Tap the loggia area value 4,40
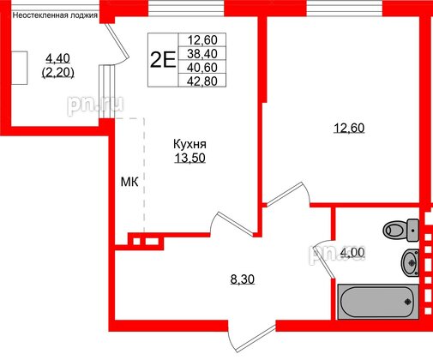(x=58, y=58)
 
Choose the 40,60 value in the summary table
(x=203, y=66)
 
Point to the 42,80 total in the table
(x=203, y=81)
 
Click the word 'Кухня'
(x=189, y=145)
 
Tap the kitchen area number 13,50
(x=189, y=159)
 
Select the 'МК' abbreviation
(x=129, y=182)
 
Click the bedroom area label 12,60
(x=349, y=129)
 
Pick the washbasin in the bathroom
(x=409, y=261)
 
